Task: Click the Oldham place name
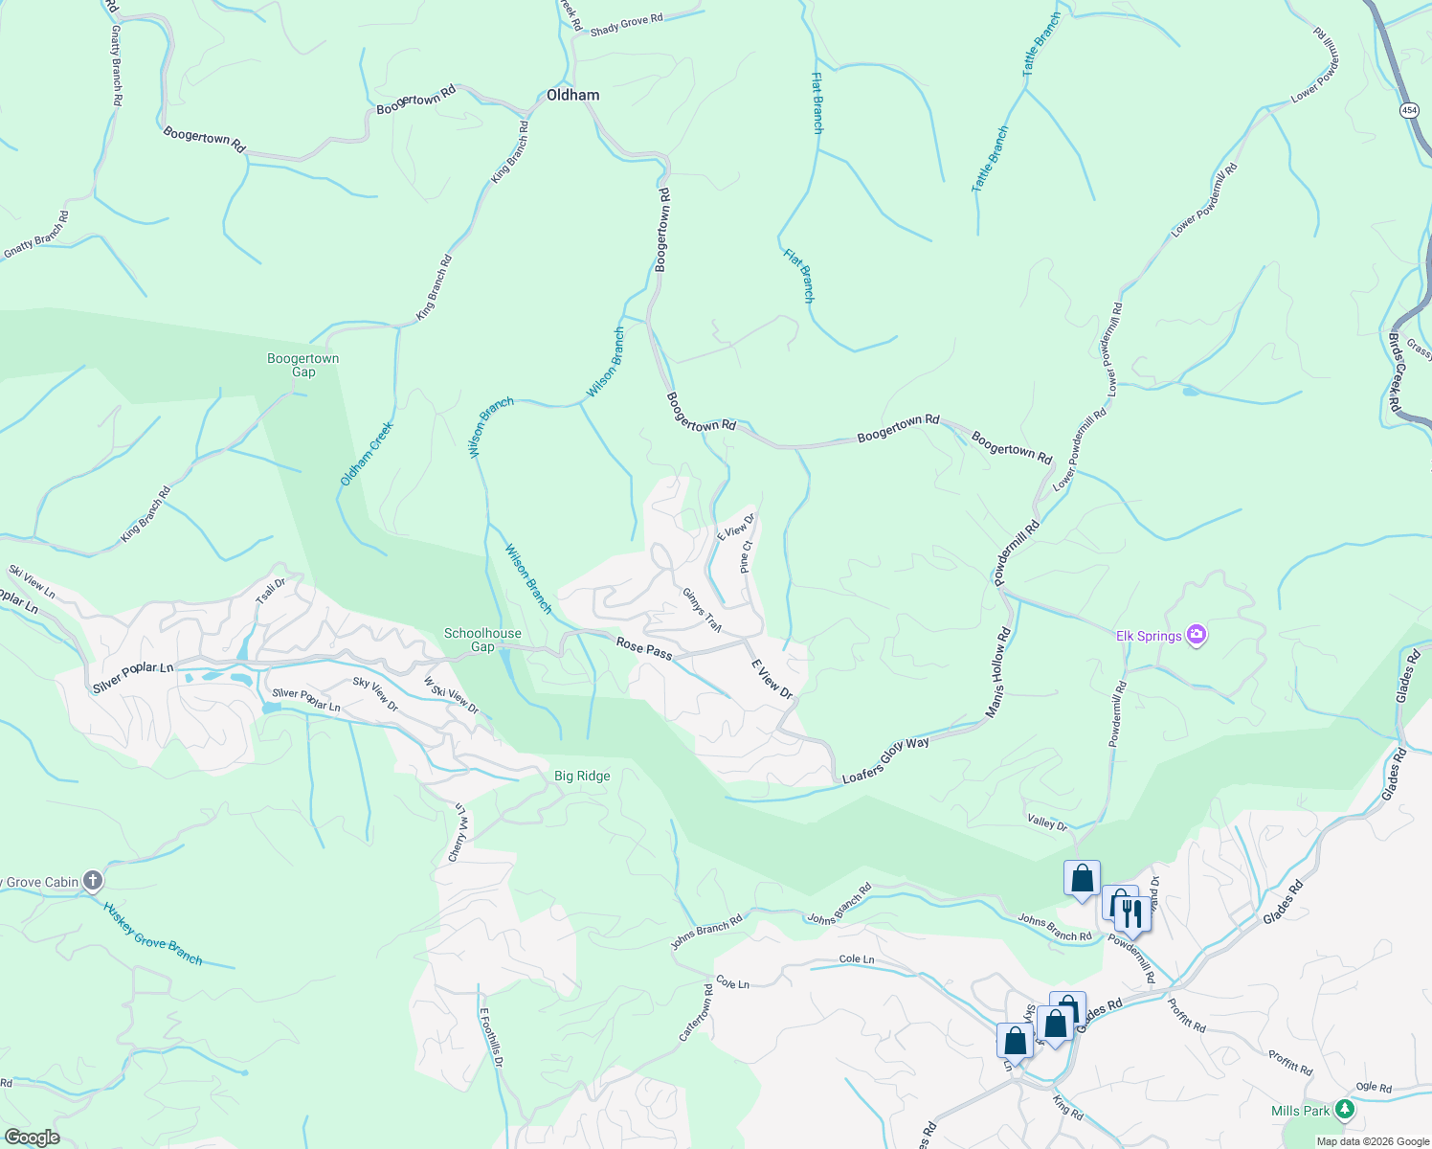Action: click(x=572, y=95)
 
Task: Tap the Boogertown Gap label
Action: click(x=302, y=365)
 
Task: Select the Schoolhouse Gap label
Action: click(x=482, y=640)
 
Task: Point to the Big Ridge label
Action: click(x=582, y=776)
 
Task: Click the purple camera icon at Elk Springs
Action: click(x=1196, y=634)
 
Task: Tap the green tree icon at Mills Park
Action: click(x=1345, y=1110)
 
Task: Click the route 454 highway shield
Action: click(x=1409, y=110)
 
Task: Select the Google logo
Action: click(x=31, y=1138)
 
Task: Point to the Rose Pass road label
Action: click(x=643, y=648)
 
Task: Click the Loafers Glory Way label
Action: click(x=885, y=760)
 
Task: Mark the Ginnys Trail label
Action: click(x=702, y=610)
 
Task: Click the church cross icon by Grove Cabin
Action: click(x=93, y=880)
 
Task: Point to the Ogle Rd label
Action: click(x=1374, y=1087)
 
